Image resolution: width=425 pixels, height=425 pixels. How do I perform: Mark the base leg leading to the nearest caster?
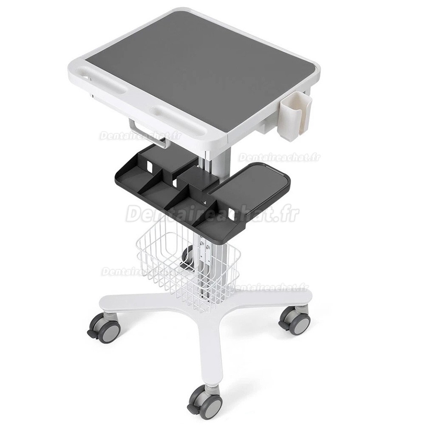(204, 348)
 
